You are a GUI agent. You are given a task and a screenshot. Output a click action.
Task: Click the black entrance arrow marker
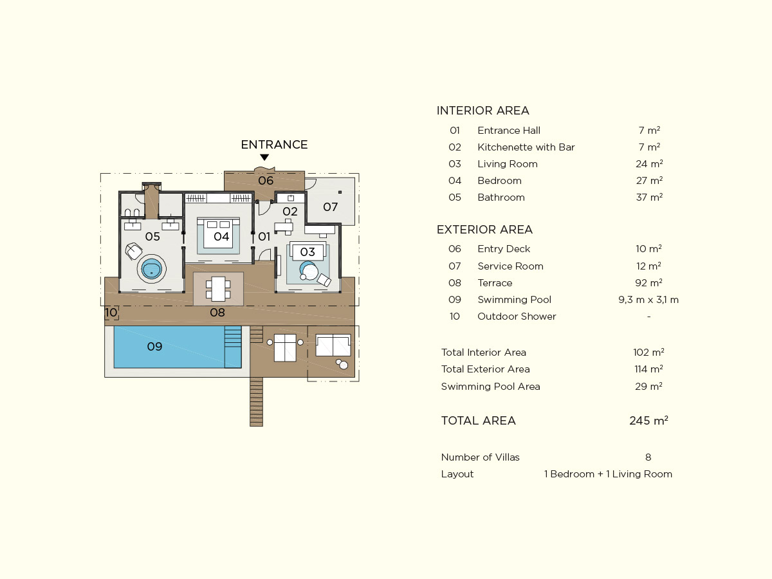point(264,157)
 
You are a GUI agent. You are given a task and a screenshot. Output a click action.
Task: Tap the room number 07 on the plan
point(330,207)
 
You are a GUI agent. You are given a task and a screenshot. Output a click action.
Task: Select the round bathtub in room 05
point(152,269)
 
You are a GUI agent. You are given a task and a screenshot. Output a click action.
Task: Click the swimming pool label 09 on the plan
point(154,347)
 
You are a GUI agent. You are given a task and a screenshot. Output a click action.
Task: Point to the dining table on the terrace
point(218,289)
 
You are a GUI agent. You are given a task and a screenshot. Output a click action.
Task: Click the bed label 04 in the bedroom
point(221,237)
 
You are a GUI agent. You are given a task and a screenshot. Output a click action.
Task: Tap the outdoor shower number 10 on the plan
point(111,312)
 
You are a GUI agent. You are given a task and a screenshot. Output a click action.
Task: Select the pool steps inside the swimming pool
point(233,347)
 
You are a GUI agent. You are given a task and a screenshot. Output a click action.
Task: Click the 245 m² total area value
point(648,421)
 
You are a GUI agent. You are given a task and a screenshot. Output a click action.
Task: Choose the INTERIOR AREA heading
point(482,111)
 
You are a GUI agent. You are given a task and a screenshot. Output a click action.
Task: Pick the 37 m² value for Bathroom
point(649,198)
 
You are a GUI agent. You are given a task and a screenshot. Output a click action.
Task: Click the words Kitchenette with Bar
point(526,147)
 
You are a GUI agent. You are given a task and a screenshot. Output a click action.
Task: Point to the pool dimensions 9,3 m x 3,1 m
point(648,300)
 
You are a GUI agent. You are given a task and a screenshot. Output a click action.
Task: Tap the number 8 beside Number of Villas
point(648,457)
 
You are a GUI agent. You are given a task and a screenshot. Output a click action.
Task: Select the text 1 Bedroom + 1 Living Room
point(608,474)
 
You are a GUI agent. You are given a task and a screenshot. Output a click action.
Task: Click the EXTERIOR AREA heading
point(484,230)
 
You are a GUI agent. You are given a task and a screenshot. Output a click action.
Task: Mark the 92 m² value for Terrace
point(649,282)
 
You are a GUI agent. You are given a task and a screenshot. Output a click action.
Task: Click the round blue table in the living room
point(308,270)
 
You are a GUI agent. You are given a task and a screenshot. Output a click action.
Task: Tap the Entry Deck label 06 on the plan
point(266,181)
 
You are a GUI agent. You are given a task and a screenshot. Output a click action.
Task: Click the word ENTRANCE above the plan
point(274,145)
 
